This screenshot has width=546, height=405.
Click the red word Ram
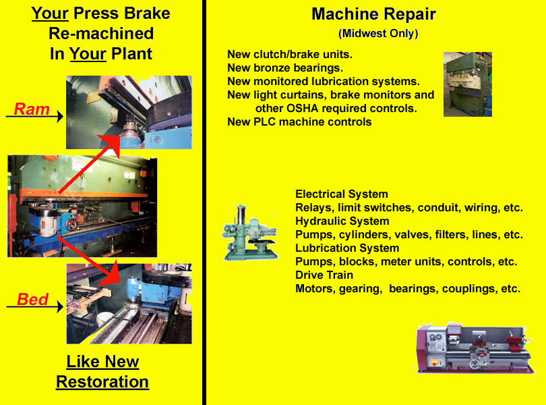(32, 109)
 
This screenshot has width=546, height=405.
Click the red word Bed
(32, 299)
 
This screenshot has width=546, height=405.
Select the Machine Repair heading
(373, 14)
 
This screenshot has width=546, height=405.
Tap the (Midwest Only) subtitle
(377, 34)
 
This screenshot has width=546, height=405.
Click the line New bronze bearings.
(285, 67)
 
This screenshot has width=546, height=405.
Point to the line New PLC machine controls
(299, 122)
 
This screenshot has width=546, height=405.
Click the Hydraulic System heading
(342, 221)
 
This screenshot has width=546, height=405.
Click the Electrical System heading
(341, 194)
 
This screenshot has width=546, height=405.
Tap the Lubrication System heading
(347, 248)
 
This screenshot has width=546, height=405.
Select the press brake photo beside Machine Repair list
(467, 84)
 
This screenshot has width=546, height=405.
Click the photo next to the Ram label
(129, 112)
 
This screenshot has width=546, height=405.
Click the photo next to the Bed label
(129, 304)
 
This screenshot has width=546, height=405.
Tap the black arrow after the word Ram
(59, 117)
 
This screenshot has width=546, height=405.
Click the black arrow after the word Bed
(59, 307)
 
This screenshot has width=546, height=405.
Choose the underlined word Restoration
(102, 381)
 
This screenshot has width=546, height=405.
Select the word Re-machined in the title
(101, 33)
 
